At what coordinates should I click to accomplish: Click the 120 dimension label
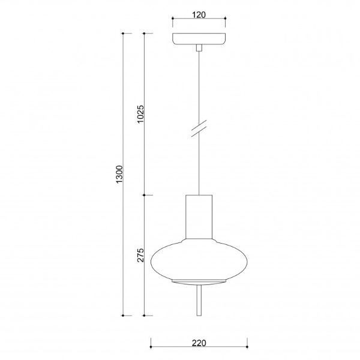(x=199, y=14)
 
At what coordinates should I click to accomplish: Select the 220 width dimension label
(x=199, y=343)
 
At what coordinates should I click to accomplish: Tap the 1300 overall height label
(x=119, y=174)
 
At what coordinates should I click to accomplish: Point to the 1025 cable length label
(x=140, y=114)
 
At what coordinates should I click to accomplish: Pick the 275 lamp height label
(x=140, y=255)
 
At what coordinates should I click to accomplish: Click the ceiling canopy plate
(x=199, y=39)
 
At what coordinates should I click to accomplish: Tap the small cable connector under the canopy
(x=199, y=48)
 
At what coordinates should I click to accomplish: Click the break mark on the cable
(x=199, y=128)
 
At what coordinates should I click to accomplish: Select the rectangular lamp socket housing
(x=199, y=217)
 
